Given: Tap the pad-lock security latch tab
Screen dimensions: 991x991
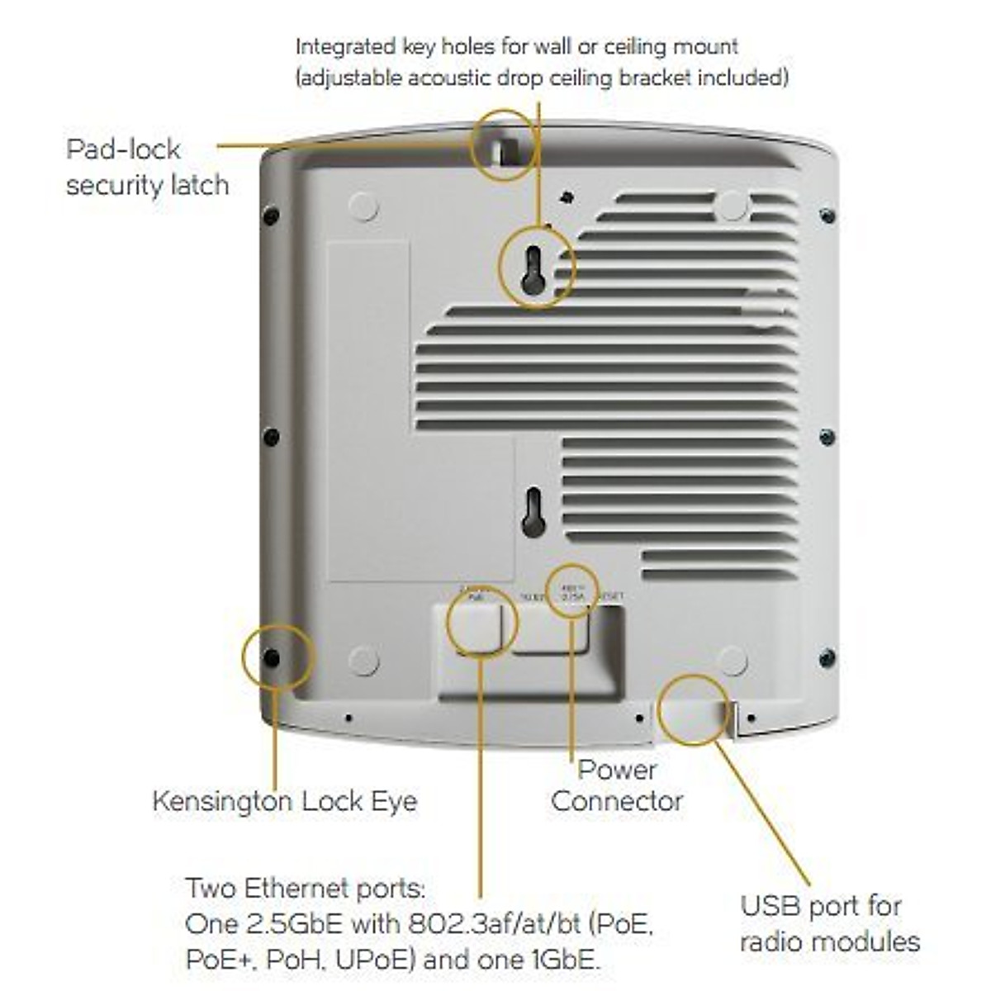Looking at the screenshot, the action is coord(505,148).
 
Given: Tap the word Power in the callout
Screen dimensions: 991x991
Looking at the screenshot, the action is coord(617,770).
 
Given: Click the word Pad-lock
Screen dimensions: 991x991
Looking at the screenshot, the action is coord(123,149).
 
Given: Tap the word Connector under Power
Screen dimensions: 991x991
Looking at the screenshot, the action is coord(617,801).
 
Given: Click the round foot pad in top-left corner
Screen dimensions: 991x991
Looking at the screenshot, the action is coord(363,206).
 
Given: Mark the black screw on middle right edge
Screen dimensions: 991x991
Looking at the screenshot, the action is coord(827,436).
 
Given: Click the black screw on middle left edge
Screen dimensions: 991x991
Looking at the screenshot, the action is coord(271,436).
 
